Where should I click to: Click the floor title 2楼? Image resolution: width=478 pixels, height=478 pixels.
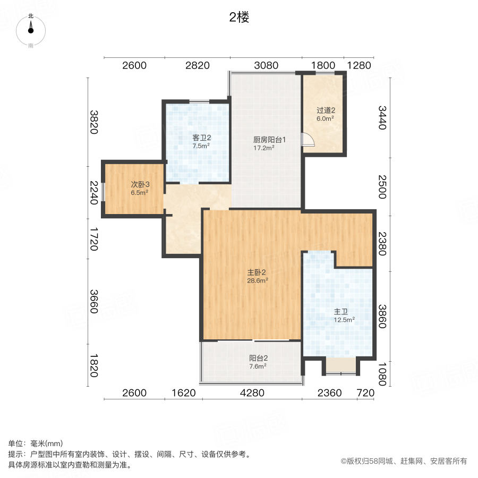[239, 18]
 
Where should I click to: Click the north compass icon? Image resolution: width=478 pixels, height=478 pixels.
[31, 30]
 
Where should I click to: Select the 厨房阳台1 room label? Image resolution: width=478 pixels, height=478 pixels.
[269, 140]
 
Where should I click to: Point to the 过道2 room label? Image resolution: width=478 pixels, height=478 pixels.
[326, 111]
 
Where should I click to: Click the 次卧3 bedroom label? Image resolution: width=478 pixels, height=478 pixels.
[140, 185]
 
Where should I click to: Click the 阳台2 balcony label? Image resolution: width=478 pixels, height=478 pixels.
[258, 358]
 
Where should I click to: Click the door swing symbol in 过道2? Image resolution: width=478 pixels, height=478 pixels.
[308, 140]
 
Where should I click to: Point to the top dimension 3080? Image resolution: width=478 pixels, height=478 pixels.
[266, 66]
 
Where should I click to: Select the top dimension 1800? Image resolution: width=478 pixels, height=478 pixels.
[323, 66]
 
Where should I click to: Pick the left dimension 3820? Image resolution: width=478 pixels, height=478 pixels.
[94, 122]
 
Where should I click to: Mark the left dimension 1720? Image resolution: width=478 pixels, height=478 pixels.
[94, 240]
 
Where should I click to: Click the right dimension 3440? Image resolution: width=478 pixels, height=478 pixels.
[383, 118]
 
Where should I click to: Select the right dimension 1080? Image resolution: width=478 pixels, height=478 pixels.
[383, 373]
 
